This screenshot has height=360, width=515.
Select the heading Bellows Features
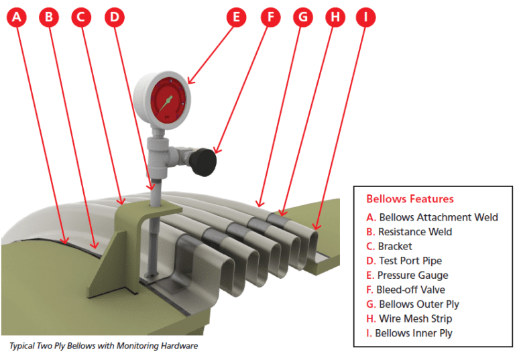[x=410, y=199]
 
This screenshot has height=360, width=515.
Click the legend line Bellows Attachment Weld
[x=432, y=217]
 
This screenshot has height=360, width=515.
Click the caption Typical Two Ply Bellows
[x=103, y=346]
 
